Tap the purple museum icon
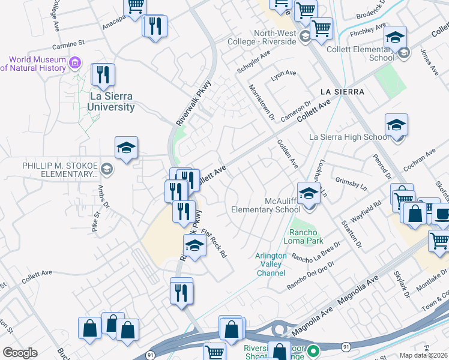pos(75,62)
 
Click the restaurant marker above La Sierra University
pos(103,76)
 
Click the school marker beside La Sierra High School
pos(396,126)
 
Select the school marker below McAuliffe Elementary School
pos(309,194)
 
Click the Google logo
pos(20,353)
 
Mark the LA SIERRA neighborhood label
pos(342,91)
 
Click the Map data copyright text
pos(423,355)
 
